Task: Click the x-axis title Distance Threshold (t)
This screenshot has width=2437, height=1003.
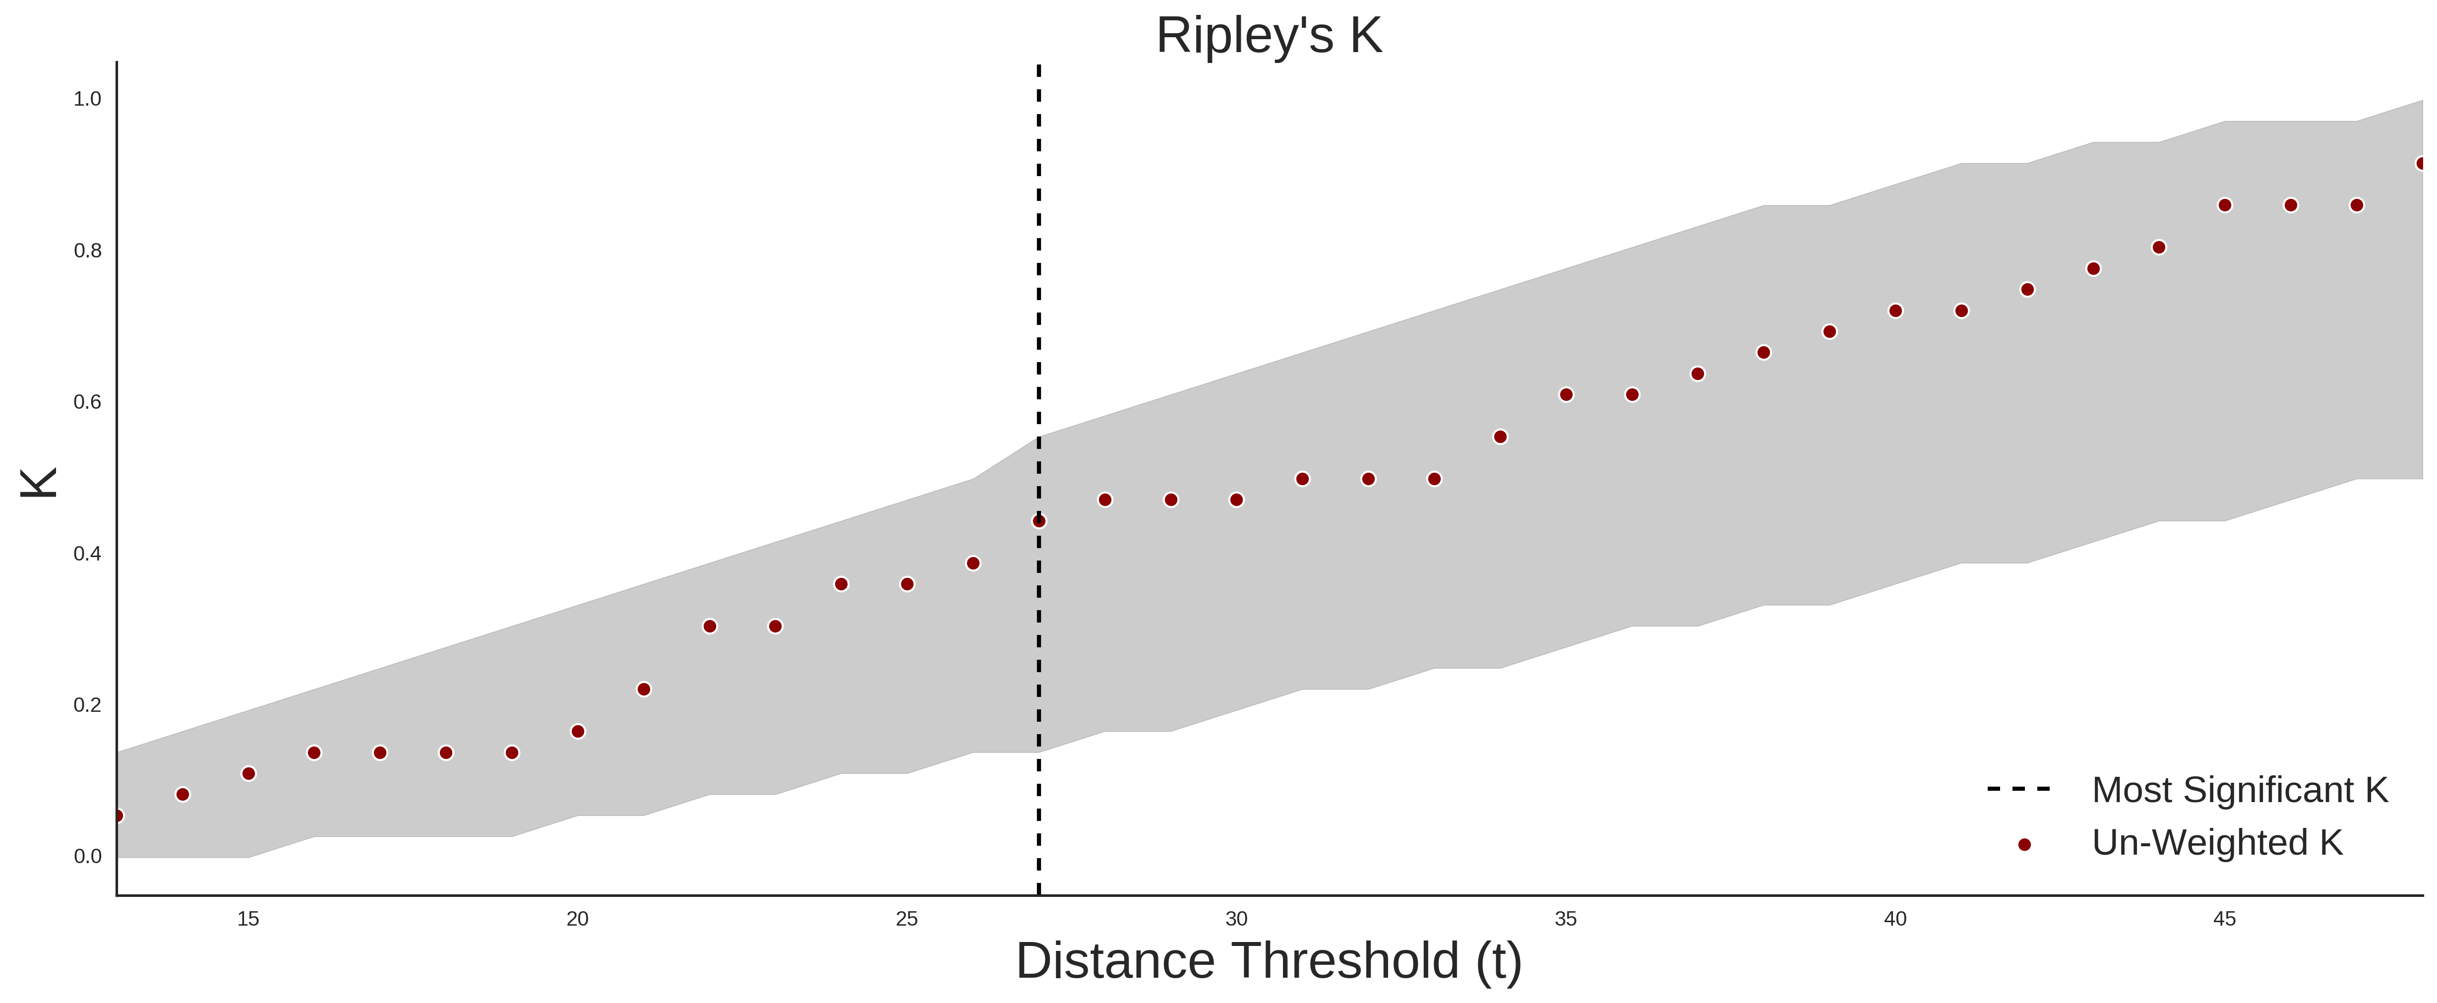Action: pos(1269,961)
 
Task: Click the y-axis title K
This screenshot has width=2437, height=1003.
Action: pos(39,483)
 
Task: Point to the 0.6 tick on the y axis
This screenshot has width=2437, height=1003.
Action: pos(87,402)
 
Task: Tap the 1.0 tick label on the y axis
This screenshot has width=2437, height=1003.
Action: pos(87,99)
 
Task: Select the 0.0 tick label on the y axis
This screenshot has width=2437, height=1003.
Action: pos(87,856)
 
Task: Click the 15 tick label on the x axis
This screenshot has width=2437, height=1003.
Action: pos(248,919)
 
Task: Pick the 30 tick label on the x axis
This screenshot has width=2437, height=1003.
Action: pos(1236,919)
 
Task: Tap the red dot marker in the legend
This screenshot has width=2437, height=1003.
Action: pos(2023,845)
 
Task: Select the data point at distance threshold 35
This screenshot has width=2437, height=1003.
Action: pos(1566,394)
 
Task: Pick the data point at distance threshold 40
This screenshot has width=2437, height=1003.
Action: pos(1895,311)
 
